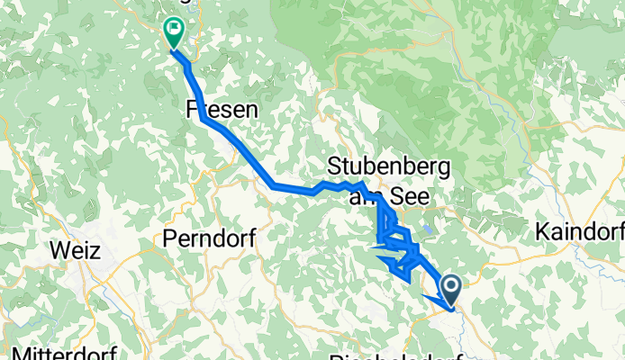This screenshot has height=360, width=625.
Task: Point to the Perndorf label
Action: (x=210, y=238)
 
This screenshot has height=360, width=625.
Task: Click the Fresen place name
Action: (x=222, y=110)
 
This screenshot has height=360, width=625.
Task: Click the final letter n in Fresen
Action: (x=251, y=110)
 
